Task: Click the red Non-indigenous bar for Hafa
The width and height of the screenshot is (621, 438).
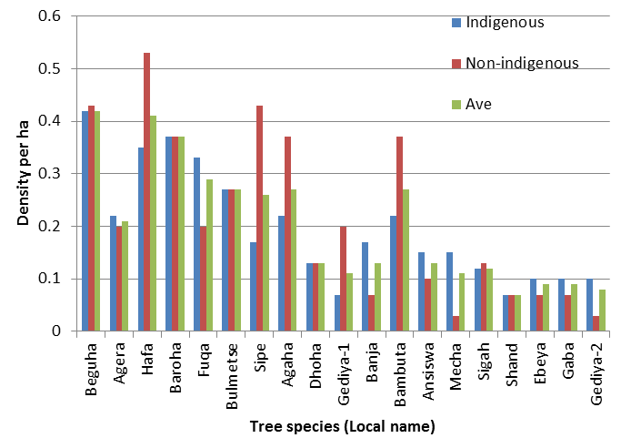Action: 146,192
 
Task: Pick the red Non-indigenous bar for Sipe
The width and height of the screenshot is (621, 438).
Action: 259,219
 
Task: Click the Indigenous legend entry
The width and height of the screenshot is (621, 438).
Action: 505,22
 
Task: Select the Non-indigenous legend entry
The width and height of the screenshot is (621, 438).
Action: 521,63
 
